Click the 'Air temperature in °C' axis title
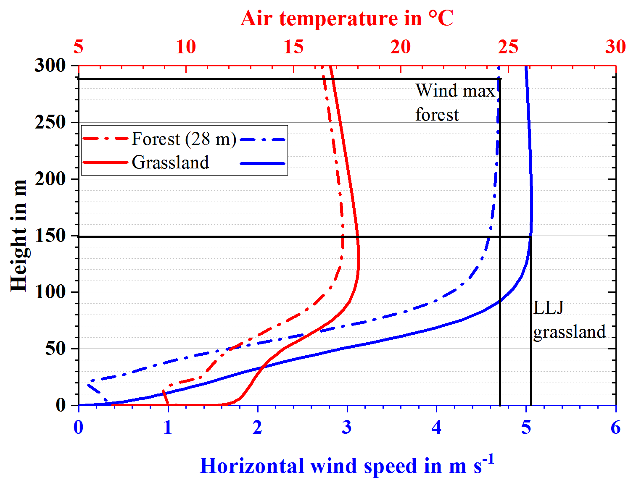pyautogui.click(x=347, y=18)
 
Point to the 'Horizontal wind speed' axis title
pyautogui.click(x=347, y=465)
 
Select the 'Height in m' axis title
pyautogui.click(x=18, y=236)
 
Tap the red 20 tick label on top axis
pyautogui.click(x=400, y=47)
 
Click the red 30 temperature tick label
pyautogui.click(x=615, y=47)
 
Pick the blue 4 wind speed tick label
pyautogui.click(x=436, y=428)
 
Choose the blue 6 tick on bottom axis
pyautogui.click(x=615, y=428)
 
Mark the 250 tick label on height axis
pyautogui.click(x=50, y=122)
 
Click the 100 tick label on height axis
pyautogui.click(x=50, y=292)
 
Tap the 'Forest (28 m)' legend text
pyautogui.click(x=184, y=139)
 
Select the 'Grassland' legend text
pyautogui.click(x=170, y=162)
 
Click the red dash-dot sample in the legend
pyautogui.click(x=105, y=139)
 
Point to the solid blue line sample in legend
pyautogui.click(x=263, y=163)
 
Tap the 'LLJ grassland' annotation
pyautogui.click(x=569, y=320)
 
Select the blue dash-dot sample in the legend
pyautogui.click(x=263, y=140)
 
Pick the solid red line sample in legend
pyautogui.click(x=105, y=163)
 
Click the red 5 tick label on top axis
pyautogui.click(x=79, y=47)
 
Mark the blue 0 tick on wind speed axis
pyautogui.click(x=79, y=428)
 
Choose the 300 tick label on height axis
pyautogui.click(x=50, y=66)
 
